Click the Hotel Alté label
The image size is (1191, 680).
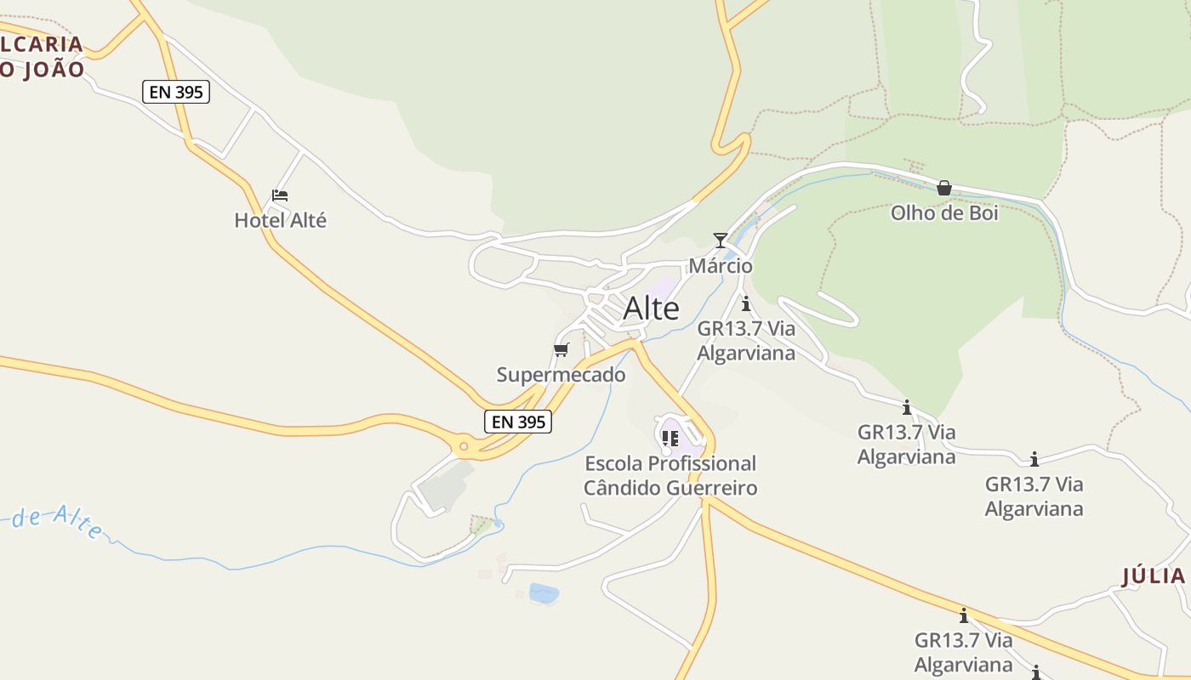280,221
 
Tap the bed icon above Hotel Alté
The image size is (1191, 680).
280,195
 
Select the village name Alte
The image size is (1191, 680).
652,309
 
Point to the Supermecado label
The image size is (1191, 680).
561,375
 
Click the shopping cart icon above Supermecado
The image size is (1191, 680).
561,349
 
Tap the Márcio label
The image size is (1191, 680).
721,266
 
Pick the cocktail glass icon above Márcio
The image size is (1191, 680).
721,240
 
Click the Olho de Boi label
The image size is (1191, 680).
944,213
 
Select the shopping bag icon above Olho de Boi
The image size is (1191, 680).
944,188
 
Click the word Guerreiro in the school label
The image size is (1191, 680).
708,488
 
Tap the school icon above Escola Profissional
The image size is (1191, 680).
670,438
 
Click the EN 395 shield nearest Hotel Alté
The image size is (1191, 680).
176,92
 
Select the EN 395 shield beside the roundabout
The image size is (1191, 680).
518,421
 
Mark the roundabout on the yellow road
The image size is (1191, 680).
463,445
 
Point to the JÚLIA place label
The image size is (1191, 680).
1154,576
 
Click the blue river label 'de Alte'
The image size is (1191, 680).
57,521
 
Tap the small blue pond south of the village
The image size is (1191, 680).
544,592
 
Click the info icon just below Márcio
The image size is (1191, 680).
746,303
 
